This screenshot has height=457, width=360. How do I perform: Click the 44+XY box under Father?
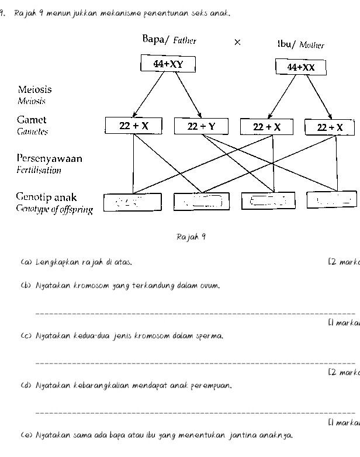[168, 64]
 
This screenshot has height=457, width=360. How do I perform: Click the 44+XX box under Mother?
[300, 67]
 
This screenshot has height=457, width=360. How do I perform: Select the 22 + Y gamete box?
[201, 126]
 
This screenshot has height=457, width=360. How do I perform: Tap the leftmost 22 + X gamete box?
[134, 126]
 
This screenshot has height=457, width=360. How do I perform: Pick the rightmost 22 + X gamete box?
[330, 127]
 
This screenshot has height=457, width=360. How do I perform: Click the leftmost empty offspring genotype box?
[133, 203]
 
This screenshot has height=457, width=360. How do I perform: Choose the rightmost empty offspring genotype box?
[332, 200]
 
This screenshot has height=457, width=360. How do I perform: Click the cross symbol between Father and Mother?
[237, 42]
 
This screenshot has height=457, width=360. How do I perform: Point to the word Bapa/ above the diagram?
[155, 40]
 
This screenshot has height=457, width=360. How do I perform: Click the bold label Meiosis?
[34, 89]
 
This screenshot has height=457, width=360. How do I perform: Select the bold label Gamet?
[32, 120]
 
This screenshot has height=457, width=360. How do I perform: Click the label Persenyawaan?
[49, 158]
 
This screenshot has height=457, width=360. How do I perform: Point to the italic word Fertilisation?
[39, 171]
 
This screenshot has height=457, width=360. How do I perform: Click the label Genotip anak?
[46, 198]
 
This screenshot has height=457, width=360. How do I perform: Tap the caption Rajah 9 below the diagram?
[191, 237]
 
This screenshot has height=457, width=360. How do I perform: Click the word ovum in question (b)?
[212, 286]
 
